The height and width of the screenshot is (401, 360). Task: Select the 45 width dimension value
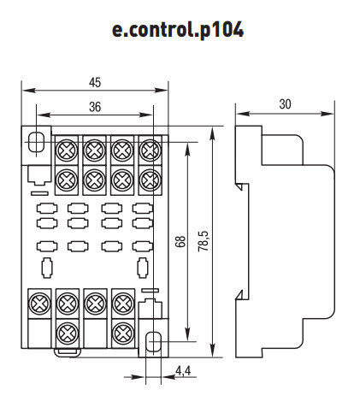point(95,82)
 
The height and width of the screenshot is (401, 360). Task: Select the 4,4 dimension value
point(182,371)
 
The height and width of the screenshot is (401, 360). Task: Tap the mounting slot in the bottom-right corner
point(154,343)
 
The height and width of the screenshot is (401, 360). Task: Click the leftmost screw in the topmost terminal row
point(65,151)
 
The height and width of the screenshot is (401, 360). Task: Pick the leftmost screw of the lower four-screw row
point(38,301)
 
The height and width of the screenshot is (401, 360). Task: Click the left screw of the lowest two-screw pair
point(65,330)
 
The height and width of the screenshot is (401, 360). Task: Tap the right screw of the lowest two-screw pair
point(121,330)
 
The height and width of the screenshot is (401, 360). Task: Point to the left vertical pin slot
point(47,265)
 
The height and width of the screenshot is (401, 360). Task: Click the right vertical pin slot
point(140,265)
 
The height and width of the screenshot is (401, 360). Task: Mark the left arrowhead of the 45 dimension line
point(26,89)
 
